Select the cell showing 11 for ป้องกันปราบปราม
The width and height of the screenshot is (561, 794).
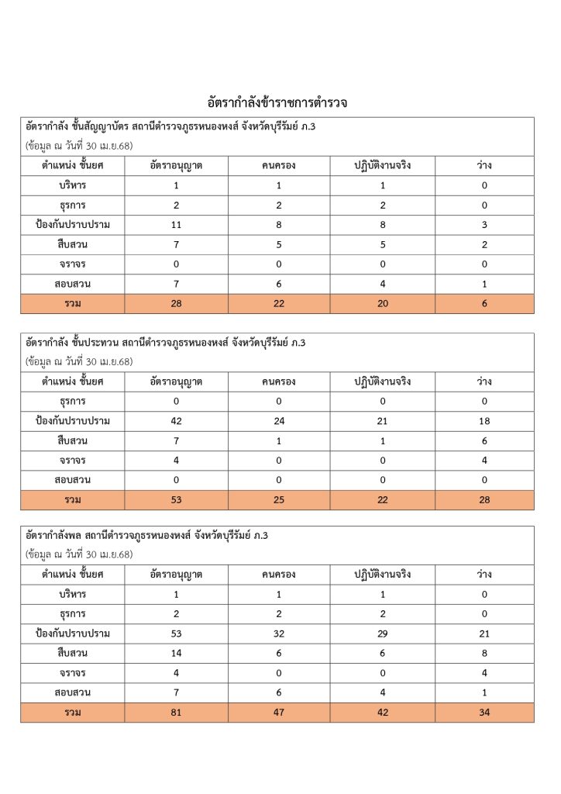pyautogui.click(x=176, y=225)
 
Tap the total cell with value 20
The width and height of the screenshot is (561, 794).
pyautogui.click(x=383, y=304)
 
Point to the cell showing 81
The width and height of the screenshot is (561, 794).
pyautogui.click(x=176, y=713)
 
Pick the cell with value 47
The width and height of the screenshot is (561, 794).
pyautogui.click(x=279, y=713)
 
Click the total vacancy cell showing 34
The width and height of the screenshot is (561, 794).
pyautogui.click(x=484, y=713)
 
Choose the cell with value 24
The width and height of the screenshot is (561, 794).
pyautogui.click(x=279, y=421)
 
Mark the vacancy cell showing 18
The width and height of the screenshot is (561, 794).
pyautogui.click(x=484, y=421)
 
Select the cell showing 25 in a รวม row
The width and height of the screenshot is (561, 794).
pyautogui.click(x=279, y=500)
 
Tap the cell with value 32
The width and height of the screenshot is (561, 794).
pyautogui.click(x=279, y=633)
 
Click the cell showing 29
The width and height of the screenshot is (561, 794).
pyautogui.click(x=383, y=633)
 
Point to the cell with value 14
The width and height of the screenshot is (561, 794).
pyautogui.click(x=176, y=654)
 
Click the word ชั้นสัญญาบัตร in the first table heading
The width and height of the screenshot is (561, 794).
pyautogui.click(x=100, y=126)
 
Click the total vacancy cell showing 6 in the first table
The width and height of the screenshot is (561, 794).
pyautogui.click(x=484, y=304)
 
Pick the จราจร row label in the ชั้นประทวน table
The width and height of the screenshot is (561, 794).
pyautogui.click(x=72, y=461)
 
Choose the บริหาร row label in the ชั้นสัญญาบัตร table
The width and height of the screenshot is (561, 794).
pyautogui.click(x=72, y=185)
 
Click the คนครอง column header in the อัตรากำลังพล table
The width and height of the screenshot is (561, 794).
pyautogui.click(x=279, y=575)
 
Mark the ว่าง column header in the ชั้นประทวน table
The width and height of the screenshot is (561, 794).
pyautogui.click(x=484, y=381)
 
